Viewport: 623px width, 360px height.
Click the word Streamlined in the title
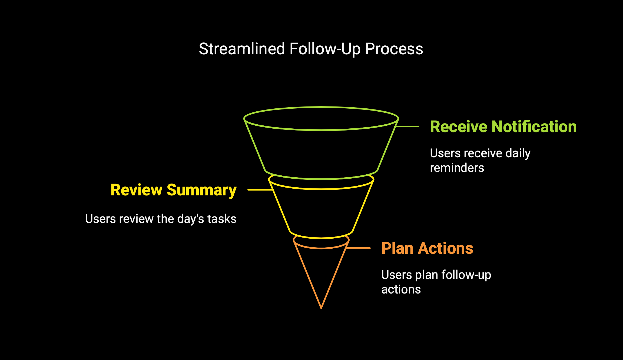click(x=242, y=49)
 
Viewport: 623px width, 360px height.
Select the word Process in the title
click(x=394, y=49)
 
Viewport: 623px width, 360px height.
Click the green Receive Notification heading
click(x=503, y=126)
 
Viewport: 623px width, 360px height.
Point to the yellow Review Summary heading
click(x=174, y=190)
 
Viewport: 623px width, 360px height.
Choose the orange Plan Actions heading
click(x=427, y=248)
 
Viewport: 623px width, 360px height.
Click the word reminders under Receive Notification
click(x=457, y=168)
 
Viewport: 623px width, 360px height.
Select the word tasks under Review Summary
click(x=222, y=219)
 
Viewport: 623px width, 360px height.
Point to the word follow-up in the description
click(x=466, y=275)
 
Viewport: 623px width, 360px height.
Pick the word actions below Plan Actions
click(x=401, y=290)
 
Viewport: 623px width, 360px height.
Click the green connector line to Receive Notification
click(x=407, y=126)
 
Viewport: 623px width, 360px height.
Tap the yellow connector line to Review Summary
click(x=260, y=190)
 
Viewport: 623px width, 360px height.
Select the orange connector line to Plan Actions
click(x=358, y=248)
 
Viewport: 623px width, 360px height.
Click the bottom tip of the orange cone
click(x=321, y=308)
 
